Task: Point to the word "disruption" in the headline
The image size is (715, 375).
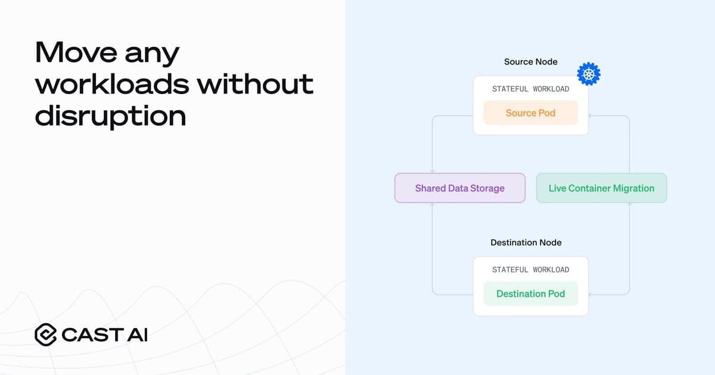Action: (x=111, y=115)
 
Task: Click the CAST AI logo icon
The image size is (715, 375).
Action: (x=45, y=335)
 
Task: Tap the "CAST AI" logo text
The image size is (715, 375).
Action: (x=104, y=335)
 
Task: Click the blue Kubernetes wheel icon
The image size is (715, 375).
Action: (x=589, y=74)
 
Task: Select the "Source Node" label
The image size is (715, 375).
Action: (x=530, y=62)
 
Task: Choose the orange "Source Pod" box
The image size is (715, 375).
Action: (x=530, y=113)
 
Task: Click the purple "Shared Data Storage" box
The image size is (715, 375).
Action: (x=459, y=188)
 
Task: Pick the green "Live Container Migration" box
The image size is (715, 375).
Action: (x=601, y=188)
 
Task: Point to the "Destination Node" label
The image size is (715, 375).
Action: (x=526, y=242)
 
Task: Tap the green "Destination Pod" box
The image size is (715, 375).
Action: (x=530, y=293)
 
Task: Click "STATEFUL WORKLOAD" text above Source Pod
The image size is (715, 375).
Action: (x=530, y=89)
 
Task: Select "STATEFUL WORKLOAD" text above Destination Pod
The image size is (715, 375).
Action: (x=530, y=270)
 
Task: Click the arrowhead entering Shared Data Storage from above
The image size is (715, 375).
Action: (x=432, y=171)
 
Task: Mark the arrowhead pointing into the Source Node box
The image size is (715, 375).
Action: (x=590, y=115)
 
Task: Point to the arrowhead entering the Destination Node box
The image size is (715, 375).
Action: (x=590, y=294)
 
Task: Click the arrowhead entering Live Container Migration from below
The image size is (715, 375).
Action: (x=629, y=205)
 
